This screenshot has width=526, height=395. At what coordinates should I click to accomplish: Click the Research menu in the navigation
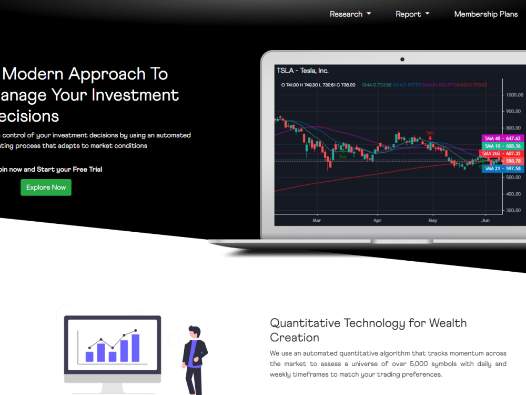point(350,14)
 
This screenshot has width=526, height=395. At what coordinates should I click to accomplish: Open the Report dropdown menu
point(412,14)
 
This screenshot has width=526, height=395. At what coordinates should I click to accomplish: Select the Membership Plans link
point(485,14)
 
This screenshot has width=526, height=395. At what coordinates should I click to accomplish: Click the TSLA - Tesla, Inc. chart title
point(302,71)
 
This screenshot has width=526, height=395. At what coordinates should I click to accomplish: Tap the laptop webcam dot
point(402,59)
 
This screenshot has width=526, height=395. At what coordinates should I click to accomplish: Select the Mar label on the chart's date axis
point(317,221)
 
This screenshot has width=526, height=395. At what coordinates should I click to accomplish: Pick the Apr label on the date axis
point(377,221)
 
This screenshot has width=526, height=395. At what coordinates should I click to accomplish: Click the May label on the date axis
point(432,221)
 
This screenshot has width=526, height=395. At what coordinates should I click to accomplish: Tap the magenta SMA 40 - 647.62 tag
point(502,139)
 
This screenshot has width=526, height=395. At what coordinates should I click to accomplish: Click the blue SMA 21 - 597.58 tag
point(502,169)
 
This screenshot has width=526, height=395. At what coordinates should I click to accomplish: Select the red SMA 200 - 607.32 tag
point(502,153)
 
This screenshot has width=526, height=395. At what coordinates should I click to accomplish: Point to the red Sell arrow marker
point(430,138)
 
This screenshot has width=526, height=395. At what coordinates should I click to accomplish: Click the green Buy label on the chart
point(343,156)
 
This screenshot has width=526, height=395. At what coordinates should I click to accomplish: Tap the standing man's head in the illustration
point(195,332)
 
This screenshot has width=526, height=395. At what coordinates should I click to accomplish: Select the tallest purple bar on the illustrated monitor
point(136,348)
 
